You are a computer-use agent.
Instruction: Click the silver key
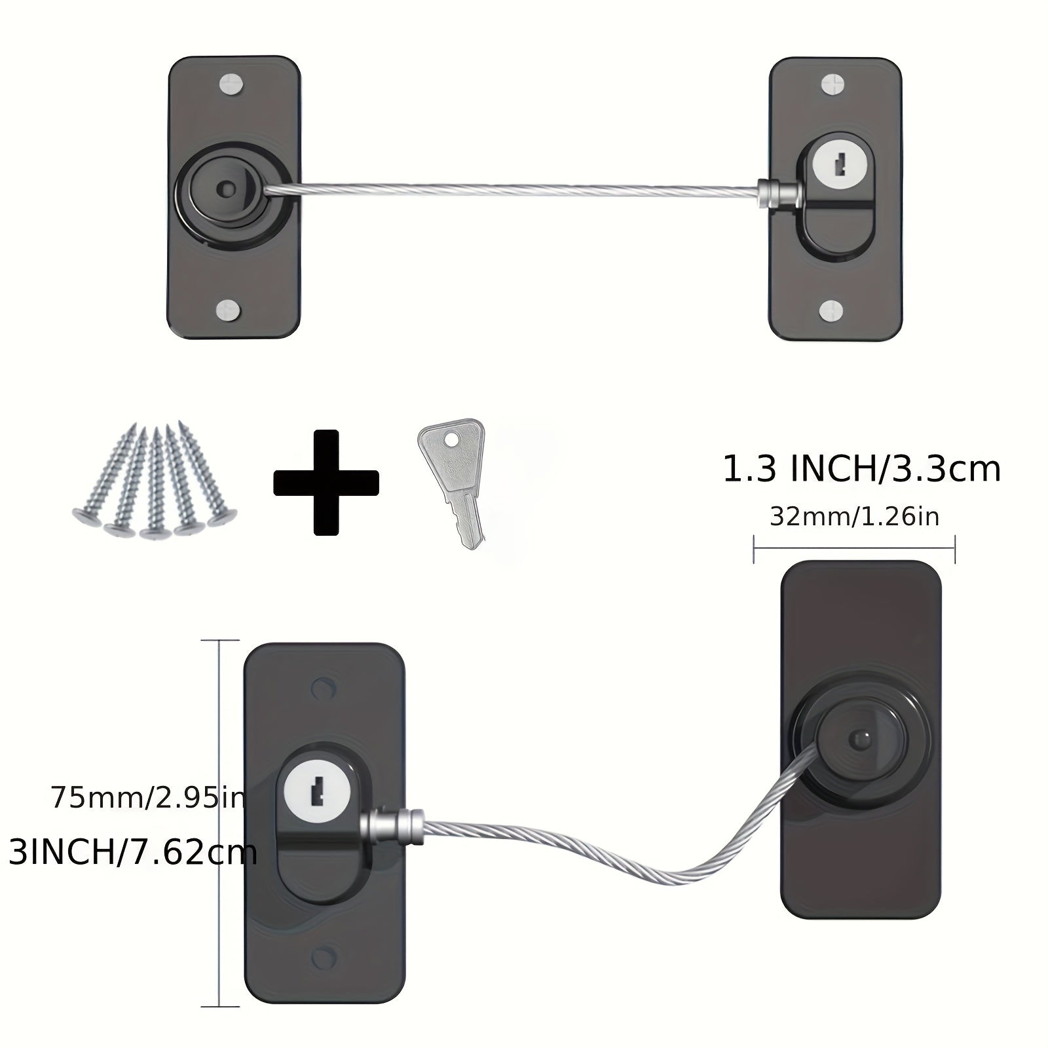(x=452, y=482)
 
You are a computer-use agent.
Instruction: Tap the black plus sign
(x=326, y=483)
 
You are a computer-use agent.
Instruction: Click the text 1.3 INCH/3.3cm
(x=861, y=469)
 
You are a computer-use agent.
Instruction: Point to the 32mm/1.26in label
(x=854, y=517)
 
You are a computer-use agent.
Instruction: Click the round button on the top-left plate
(x=227, y=189)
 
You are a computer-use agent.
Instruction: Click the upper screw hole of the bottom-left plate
(x=322, y=688)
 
